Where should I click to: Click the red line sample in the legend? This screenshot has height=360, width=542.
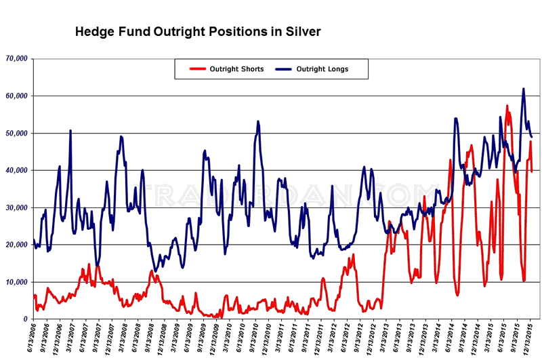point(197,69)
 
